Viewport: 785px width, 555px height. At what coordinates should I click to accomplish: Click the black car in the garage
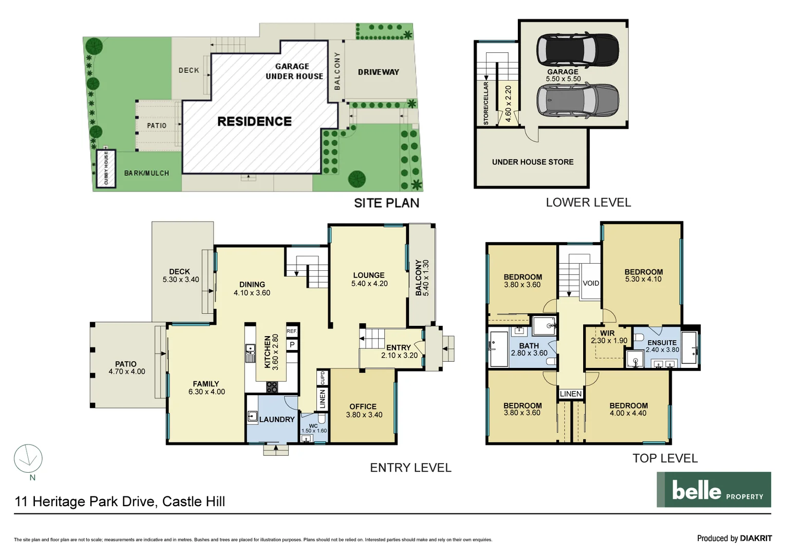point(577,49)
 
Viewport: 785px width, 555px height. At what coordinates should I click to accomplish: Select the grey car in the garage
point(577,100)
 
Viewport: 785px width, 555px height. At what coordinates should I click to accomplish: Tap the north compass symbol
point(28,459)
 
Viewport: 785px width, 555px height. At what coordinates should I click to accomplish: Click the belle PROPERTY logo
point(714,490)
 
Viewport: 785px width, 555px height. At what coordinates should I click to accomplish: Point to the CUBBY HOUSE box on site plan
point(106,169)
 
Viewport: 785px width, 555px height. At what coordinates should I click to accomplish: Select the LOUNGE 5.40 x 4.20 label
point(369,279)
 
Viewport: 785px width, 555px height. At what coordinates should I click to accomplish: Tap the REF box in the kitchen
point(291,331)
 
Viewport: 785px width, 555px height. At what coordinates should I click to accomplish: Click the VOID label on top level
point(591,283)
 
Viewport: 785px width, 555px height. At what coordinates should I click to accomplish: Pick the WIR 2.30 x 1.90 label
point(608,337)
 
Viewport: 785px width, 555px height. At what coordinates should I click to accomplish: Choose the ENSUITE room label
point(662,343)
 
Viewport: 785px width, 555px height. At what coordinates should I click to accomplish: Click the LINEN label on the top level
point(571,394)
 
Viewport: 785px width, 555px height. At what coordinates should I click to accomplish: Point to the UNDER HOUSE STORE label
point(532,162)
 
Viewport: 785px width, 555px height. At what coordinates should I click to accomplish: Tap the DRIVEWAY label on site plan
point(378,72)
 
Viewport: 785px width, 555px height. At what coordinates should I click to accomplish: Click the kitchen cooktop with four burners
point(272,387)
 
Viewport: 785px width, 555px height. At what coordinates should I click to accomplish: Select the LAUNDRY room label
point(277,419)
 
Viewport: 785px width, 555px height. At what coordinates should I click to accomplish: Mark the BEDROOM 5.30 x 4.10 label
point(643,275)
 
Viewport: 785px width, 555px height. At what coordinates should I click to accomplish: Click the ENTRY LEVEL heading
point(410,468)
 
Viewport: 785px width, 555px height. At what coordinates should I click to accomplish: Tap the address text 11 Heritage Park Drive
point(120,502)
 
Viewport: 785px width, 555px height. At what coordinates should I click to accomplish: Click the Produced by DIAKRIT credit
point(734,538)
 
